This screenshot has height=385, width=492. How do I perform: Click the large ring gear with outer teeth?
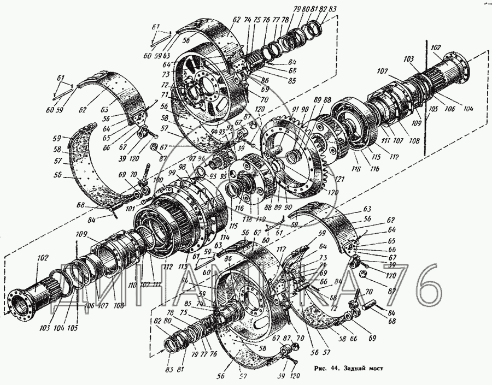click(298, 158)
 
